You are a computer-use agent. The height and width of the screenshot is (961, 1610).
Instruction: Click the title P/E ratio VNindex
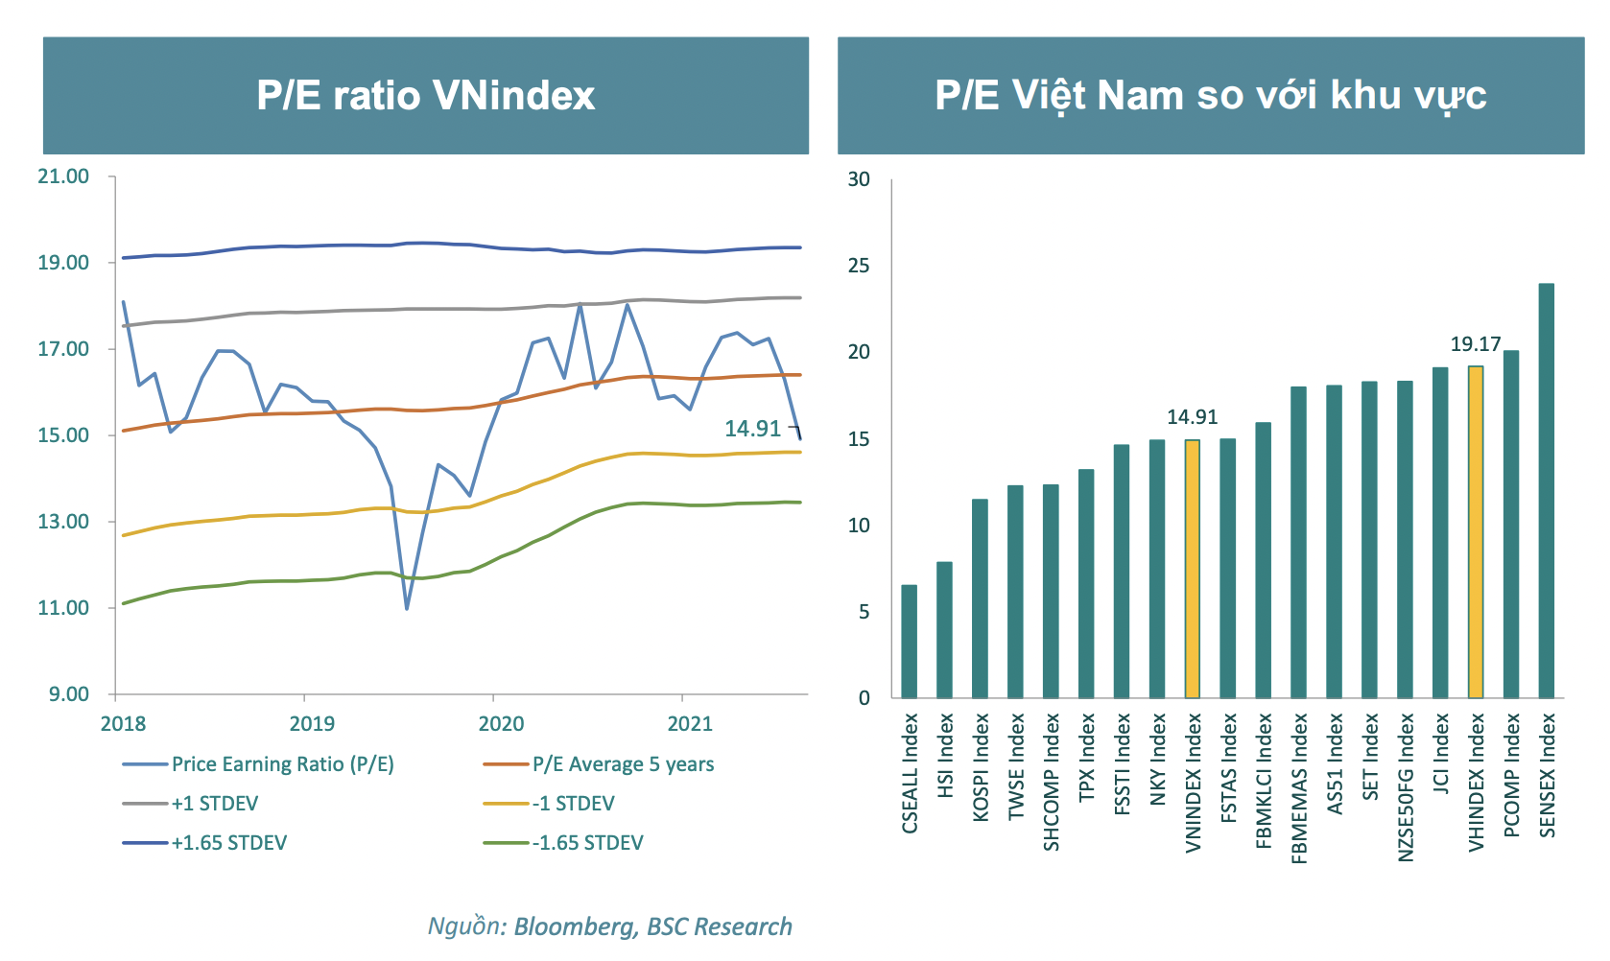tap(426, 96)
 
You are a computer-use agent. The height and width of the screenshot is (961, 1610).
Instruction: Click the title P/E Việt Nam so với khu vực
tap(1211, 96)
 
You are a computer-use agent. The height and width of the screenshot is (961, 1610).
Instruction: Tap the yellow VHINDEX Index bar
tap(1476, 532)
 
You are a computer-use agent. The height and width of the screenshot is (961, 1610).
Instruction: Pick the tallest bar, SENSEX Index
tap(1547, 491)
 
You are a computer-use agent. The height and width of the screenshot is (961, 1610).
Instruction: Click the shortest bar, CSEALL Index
tap(909, 642)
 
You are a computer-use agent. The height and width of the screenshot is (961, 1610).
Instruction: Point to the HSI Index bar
tap(944, 630)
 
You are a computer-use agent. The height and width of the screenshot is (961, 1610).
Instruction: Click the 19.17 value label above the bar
tap(1476, 344)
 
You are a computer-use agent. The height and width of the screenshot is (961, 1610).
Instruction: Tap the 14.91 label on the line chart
tap(753, 429)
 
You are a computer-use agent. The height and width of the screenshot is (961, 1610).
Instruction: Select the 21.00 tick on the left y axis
tap(63, 176)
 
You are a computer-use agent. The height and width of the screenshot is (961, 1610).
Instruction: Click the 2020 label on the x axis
tap(501, 723)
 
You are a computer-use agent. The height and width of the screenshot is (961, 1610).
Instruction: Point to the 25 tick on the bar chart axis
tap(859, 266)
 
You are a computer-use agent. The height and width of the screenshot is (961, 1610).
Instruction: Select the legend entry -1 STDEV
tap(573, 804)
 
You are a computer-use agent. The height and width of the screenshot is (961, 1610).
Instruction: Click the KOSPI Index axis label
tap(981, 766)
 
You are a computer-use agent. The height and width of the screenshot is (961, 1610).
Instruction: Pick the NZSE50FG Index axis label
tap(1406, 786)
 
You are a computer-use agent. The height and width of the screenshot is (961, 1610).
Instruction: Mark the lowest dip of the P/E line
tap(407, 608)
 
